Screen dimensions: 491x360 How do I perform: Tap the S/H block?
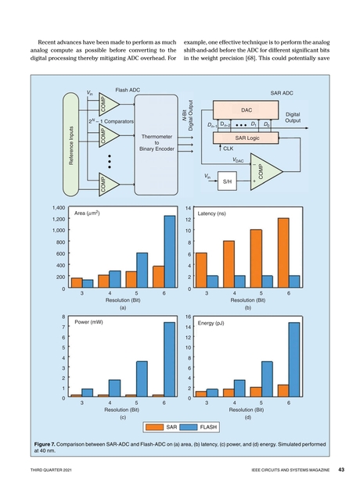[229, 181]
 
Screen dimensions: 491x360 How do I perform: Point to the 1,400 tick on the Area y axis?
[54, 208]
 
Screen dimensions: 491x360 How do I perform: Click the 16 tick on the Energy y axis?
[189, 317]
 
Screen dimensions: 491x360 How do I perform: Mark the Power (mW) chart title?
[89, 321]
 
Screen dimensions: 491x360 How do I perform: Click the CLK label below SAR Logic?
[229, 148]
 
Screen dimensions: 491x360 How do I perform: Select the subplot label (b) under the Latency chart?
[247, 308]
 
